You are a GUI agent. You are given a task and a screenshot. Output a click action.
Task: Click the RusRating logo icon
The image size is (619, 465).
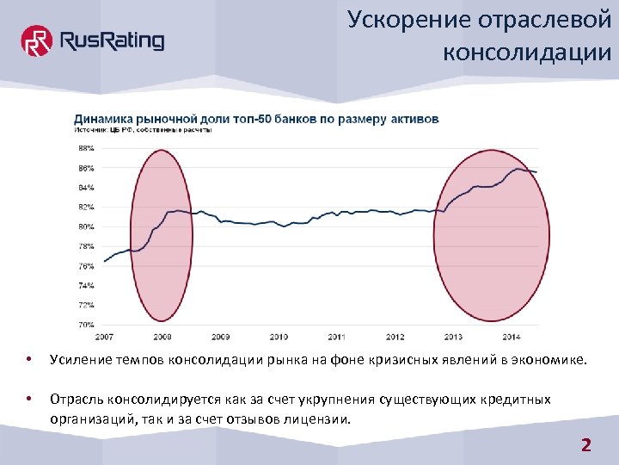36,40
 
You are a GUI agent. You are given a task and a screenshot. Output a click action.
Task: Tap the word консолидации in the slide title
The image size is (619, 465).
527,53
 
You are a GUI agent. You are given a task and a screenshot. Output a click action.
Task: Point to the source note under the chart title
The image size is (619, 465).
142,131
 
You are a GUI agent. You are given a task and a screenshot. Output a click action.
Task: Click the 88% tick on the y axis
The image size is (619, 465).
87,148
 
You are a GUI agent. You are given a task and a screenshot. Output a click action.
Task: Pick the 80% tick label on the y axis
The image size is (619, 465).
87,226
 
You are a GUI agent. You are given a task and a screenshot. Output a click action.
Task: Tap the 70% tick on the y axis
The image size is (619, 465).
87,325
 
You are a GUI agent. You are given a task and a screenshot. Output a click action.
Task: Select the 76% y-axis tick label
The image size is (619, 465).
87,266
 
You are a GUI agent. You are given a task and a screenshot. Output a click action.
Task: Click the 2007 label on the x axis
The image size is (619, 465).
103,336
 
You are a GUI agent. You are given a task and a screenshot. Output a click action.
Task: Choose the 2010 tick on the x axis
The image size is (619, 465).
279,336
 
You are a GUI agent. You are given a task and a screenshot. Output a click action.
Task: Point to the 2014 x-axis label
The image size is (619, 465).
511,336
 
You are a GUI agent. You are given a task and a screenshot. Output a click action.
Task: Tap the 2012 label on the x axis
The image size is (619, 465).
395,336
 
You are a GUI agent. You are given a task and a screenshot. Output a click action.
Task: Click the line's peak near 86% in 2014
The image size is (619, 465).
519,169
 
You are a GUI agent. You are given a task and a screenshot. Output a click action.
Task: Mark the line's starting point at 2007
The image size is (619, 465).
104,261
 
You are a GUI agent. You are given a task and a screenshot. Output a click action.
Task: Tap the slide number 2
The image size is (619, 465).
586,445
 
